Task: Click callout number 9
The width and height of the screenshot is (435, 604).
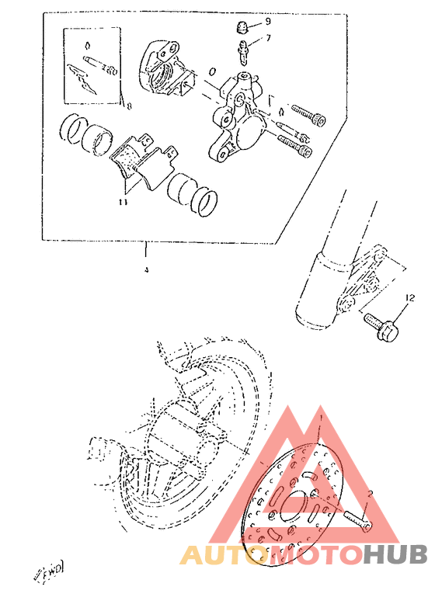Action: (267, 22)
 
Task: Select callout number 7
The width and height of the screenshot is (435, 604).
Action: (267, 37)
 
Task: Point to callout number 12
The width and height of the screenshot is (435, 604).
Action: (409, 297)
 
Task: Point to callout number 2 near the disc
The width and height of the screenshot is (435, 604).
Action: (371, 494)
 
